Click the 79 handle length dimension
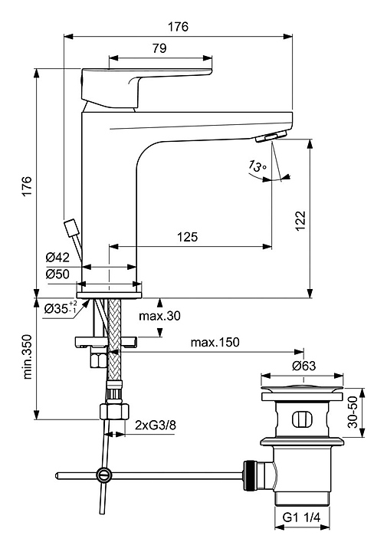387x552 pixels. click(159, 48)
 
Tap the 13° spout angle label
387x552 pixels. click(257, 166)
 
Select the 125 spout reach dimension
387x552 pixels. click(187, 237)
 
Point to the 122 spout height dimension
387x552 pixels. click(300, 221)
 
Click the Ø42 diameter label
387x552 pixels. click(57, 258)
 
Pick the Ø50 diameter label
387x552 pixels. click(57, 274)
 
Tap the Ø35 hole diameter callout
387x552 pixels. click(61, 308)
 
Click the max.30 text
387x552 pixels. click(159, 316)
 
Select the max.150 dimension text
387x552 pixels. click(215, 342)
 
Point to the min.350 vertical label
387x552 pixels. click(28, 356)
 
